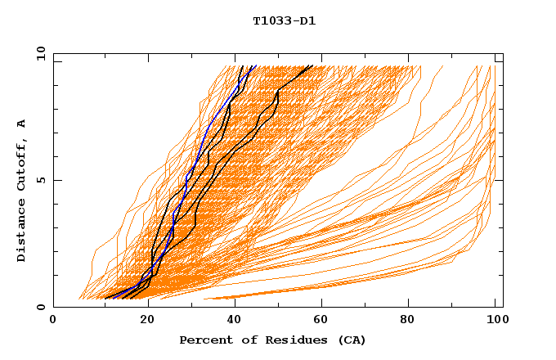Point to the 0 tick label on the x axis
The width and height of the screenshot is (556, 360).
click(53, 321)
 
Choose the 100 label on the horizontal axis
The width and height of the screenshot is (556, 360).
click(495, 321)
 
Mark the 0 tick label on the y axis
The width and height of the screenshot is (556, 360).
click(41, 308)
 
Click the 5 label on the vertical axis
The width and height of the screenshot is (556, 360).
click(41, 180)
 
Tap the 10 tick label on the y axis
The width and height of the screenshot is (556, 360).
click(38, 53)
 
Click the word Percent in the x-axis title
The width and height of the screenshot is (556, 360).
click(203, 340)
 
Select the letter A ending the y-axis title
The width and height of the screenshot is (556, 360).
click(22, 124)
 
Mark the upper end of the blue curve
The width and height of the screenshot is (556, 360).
click(256, 65)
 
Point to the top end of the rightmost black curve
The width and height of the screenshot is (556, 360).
click(312, 65)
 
